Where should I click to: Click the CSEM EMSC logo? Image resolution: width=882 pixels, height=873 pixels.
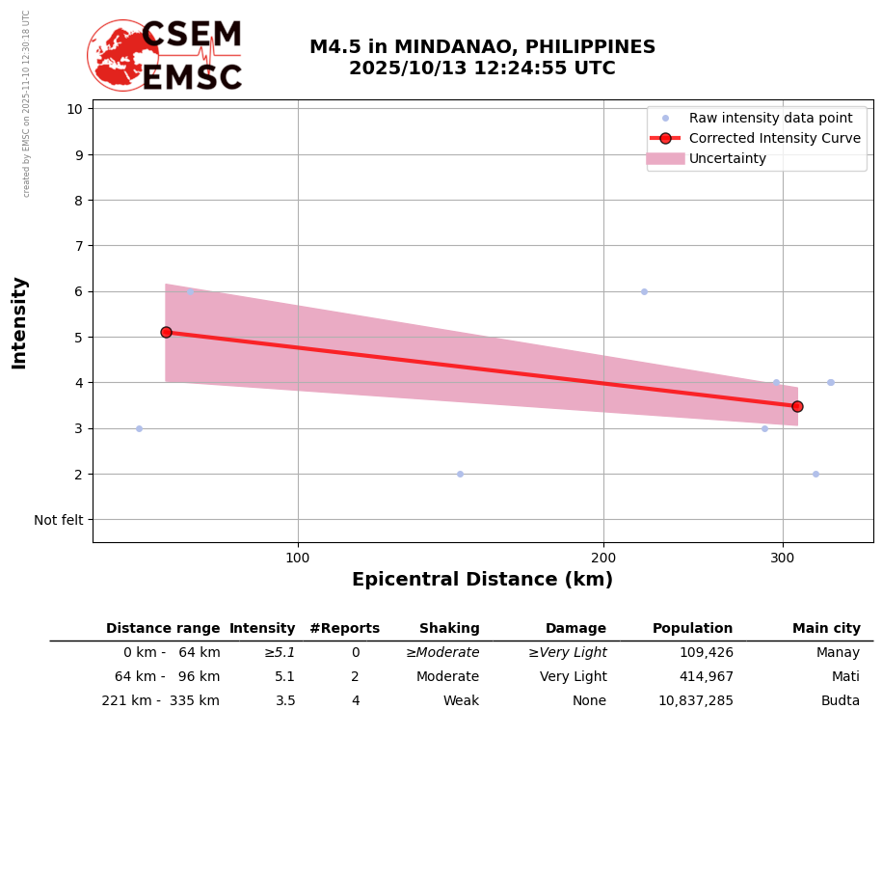click(166, 56)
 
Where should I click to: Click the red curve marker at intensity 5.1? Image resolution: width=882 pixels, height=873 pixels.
click(166, 332)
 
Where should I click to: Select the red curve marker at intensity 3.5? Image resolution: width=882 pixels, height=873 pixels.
click(797, 406)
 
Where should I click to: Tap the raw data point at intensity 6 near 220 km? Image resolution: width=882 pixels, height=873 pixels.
click(644, 291)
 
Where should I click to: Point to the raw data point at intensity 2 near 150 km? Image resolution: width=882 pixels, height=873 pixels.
click(460, 474)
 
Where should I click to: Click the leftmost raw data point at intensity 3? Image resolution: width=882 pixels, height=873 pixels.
click(139, 428)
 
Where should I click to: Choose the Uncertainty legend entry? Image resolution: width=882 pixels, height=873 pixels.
click(728, 159)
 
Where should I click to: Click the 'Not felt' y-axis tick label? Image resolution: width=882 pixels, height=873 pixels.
click(59, 520)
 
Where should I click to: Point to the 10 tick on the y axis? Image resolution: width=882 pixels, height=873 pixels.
click(74, 108)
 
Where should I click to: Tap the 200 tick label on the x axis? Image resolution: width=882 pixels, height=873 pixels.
click(603, 558)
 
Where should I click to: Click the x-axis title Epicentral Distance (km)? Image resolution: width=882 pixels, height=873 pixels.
click(482, 580)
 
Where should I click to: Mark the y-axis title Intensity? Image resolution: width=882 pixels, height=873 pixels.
click(19, 322)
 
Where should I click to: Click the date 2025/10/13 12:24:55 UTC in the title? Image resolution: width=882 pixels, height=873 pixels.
click(482, 68)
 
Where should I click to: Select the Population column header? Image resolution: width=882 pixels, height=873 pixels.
click(692, 629)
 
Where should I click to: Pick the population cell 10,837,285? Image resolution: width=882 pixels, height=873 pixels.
click(695, 701)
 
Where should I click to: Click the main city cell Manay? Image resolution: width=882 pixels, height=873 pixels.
click(838, 653)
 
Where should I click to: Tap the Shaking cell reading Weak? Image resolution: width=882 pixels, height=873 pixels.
click(461, 701)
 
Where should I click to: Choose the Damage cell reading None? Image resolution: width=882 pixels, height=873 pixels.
click(589, 701)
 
